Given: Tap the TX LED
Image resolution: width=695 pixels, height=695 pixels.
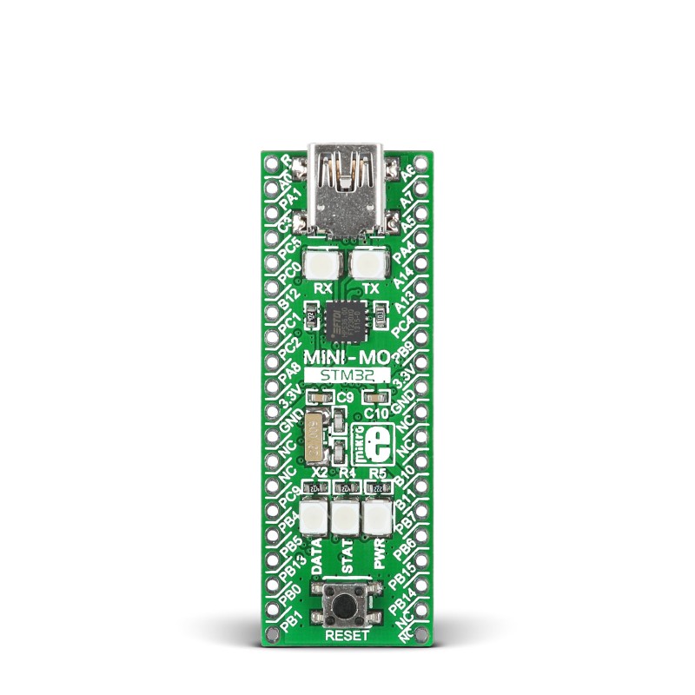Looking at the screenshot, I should coord(367,262).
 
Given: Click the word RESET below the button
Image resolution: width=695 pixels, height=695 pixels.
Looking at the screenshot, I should coord(346,635).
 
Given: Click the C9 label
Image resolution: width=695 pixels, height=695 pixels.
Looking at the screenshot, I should coord(346,397).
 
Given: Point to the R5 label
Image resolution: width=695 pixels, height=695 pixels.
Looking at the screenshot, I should coord(377,473).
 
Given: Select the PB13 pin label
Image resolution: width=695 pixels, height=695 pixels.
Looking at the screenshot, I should coord(293,577).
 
